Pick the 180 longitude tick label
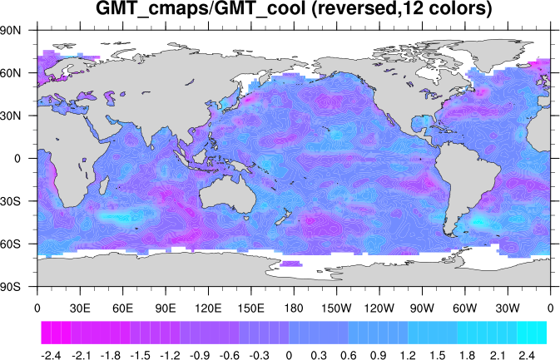[x=294, y=307]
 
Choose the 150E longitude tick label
[x=251, y=307]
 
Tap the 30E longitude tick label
[x=80, y=307]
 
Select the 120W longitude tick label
[x=379, y=307]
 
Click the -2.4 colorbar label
[x=51, y=355]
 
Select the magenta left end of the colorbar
[x=47, y=333]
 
